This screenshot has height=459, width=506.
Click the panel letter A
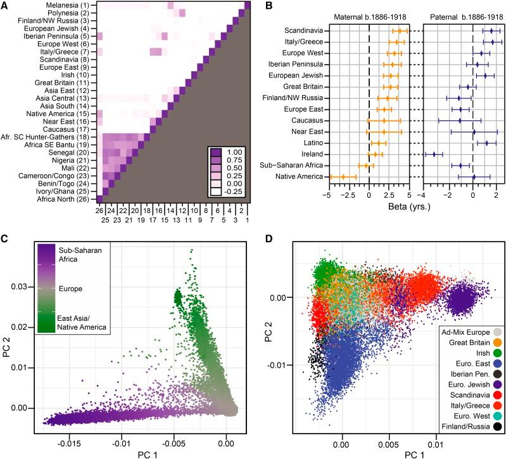tap(6, 6)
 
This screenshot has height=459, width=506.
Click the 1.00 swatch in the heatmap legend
tap(217, 153)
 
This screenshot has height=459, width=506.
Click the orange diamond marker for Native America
tap(343, 176)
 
